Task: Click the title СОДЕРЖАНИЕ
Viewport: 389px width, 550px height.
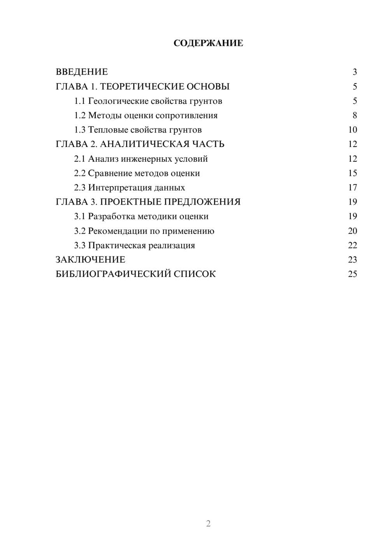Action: click(208, 43)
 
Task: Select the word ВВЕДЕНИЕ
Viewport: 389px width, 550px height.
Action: click(82, 72)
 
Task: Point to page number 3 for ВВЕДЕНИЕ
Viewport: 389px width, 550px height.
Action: click(354, 72)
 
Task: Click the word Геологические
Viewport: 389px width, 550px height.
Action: click(118, 101)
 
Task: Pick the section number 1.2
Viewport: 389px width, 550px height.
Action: click(80, 116)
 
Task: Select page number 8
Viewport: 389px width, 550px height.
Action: click(354, 116)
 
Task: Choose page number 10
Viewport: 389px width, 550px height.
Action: click(352, 130)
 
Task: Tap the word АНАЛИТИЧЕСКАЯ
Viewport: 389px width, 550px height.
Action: click(144, 144)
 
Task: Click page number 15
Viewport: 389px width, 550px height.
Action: click(352, 173)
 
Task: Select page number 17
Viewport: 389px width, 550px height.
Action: click(352, 187)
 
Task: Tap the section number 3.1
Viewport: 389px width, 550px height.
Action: click(80, 216)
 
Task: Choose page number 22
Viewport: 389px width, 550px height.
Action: click(352, 245)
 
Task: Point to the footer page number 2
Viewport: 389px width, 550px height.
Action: click(208, 524)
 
